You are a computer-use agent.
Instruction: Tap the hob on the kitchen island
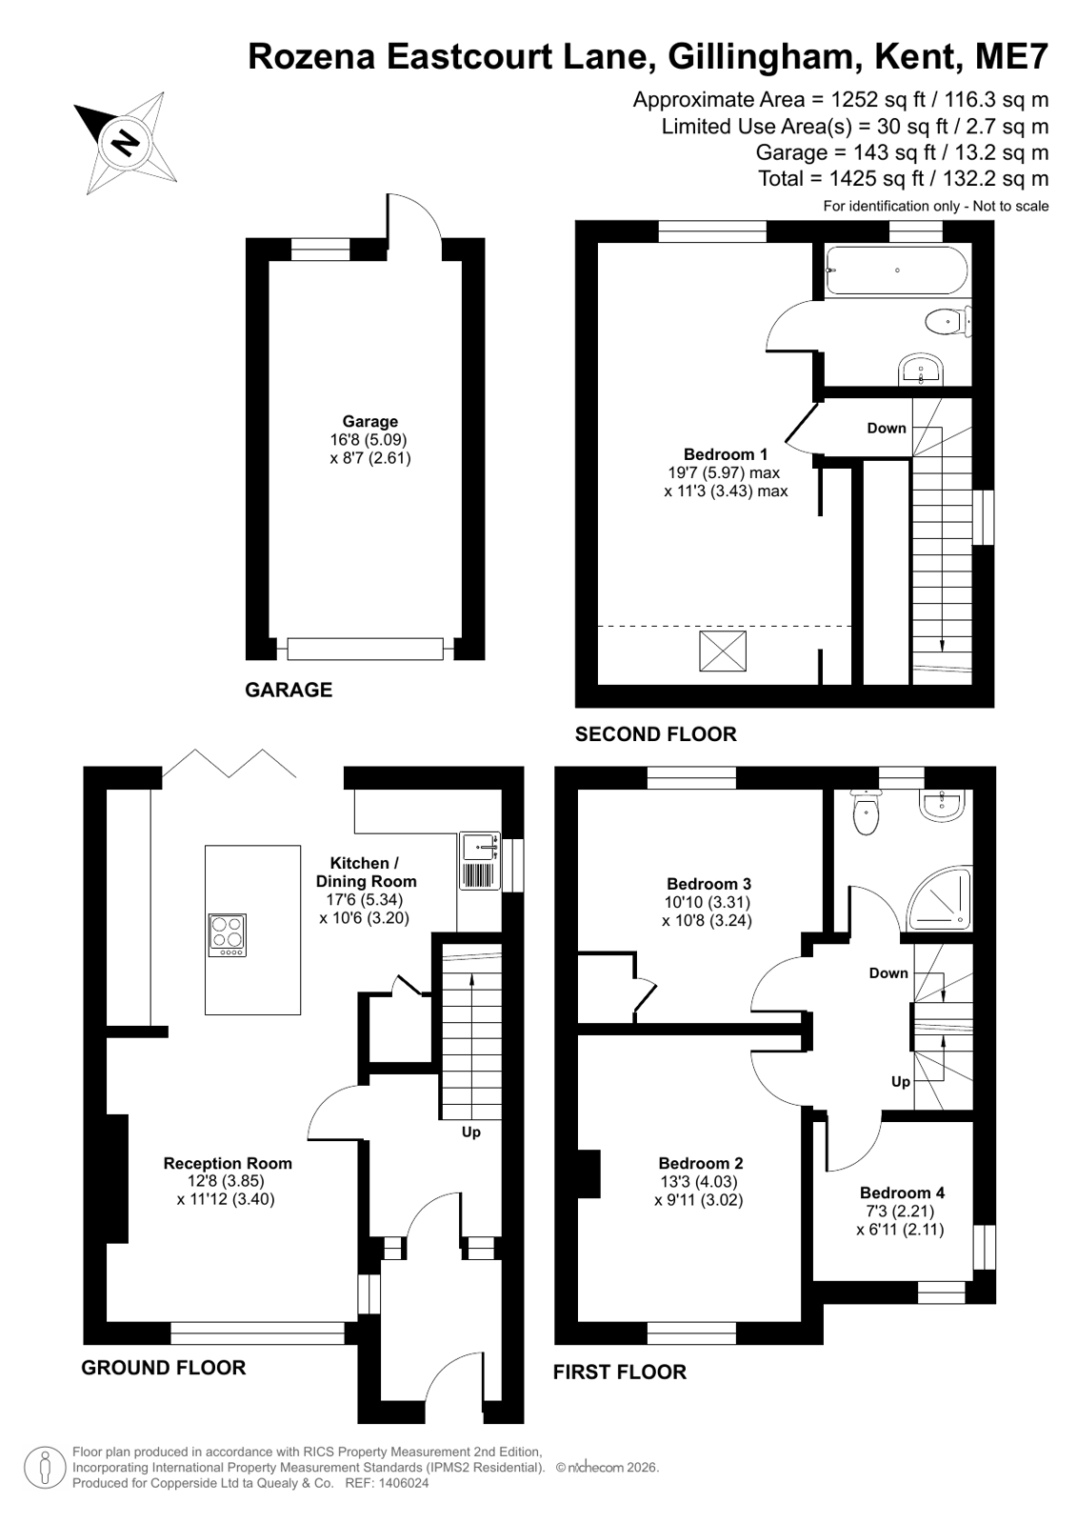[227, 935]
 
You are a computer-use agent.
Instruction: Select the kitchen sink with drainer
[479, 861]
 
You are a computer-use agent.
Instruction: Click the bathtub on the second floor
[897, 270]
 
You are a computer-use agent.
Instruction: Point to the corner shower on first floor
[940, 898]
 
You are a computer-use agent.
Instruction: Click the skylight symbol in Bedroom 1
[722, 651]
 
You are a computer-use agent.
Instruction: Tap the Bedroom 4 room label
[902, 1192]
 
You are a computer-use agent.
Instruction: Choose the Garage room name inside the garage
[369, 422]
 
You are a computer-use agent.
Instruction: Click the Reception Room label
[228, 1163]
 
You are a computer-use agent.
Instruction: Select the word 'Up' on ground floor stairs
[471, 1132]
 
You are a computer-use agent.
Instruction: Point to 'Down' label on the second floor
[887, 429]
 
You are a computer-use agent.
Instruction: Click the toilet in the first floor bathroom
[866, 812]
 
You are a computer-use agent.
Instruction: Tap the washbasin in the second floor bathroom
[921, 371]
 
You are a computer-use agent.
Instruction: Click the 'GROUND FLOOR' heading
[163, 1368]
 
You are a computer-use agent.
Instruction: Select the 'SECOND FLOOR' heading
[656, 734]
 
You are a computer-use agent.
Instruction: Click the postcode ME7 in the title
[1011, 56]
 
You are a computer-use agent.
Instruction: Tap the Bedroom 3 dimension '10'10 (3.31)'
[708, 902]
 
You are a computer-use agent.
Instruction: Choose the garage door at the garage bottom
[365, 650]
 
